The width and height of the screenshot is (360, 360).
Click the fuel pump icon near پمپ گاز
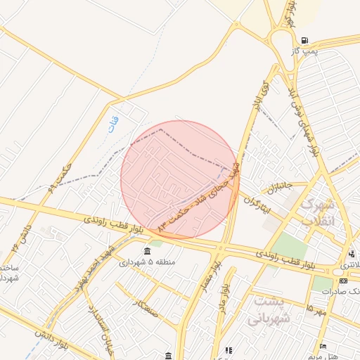pyautogui.click(x=304, y=40)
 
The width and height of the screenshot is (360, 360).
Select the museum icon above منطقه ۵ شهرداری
pyautogui.click(x=146, y=251)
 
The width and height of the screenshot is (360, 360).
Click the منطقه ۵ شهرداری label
pyautogui.click(x=147, y=262)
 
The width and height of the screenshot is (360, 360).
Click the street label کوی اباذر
pyautogui.click(x=260, y=92)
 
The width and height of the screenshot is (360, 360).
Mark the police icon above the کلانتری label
pyautogui.click(x=351, y=254)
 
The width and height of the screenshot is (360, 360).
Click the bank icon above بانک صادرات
pyautogui.click(x=343, y=281)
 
